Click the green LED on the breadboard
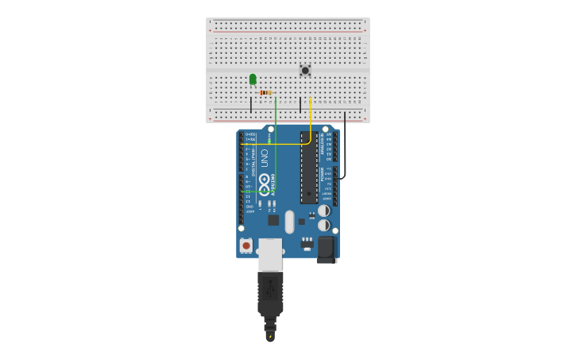click(253, 79)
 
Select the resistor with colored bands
click(265, 93)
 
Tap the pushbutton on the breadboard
click(305, 70)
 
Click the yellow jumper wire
click(310, 119)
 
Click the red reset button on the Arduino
click(246, 246)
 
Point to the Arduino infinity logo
click(264, 180)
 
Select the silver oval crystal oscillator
click(289, 221)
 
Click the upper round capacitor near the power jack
click(324, 211)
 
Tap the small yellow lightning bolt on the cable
click(271, 337)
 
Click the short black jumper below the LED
click(251, 104)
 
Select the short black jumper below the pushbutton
click(300, 104)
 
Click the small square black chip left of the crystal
click(273, 220)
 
